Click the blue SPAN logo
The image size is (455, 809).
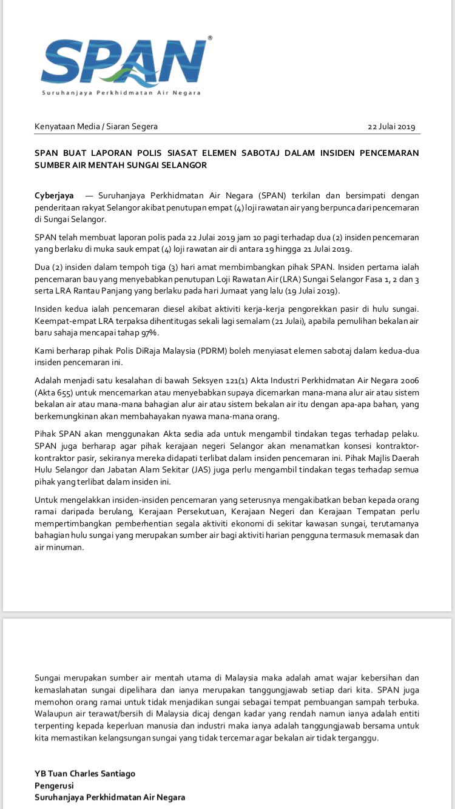(x=124, y=64)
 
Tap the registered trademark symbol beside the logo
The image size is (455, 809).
(x=210, y=38)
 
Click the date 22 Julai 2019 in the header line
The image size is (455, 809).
(x=391, y=127)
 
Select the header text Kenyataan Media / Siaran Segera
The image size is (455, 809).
(x=96, y=127)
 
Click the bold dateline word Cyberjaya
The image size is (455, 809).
(x=54, y=195)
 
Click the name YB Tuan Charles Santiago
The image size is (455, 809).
(x=85, y=773)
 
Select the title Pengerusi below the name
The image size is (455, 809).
(x=54, y=785)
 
